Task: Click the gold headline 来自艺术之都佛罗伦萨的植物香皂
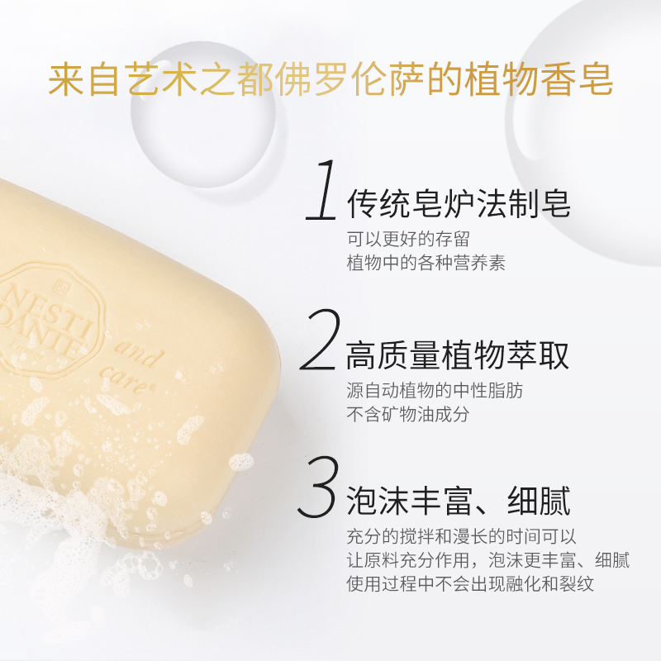(330, 80)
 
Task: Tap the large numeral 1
(322, 190)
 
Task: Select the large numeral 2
(321, 340)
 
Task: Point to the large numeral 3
(319, 487)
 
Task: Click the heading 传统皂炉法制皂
(459, 203)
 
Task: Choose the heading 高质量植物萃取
(458, 355)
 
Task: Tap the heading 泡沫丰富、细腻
(459, 501)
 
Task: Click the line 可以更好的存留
(408, 239)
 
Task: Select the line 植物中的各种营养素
(426, 263)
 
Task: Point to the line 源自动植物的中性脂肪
(435, 391)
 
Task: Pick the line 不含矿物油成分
(408, 415)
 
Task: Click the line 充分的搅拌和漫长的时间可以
(462, 536)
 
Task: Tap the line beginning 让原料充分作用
(488, 560)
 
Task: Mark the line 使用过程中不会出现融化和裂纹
(470, 584)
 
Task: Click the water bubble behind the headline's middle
(203, 115)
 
